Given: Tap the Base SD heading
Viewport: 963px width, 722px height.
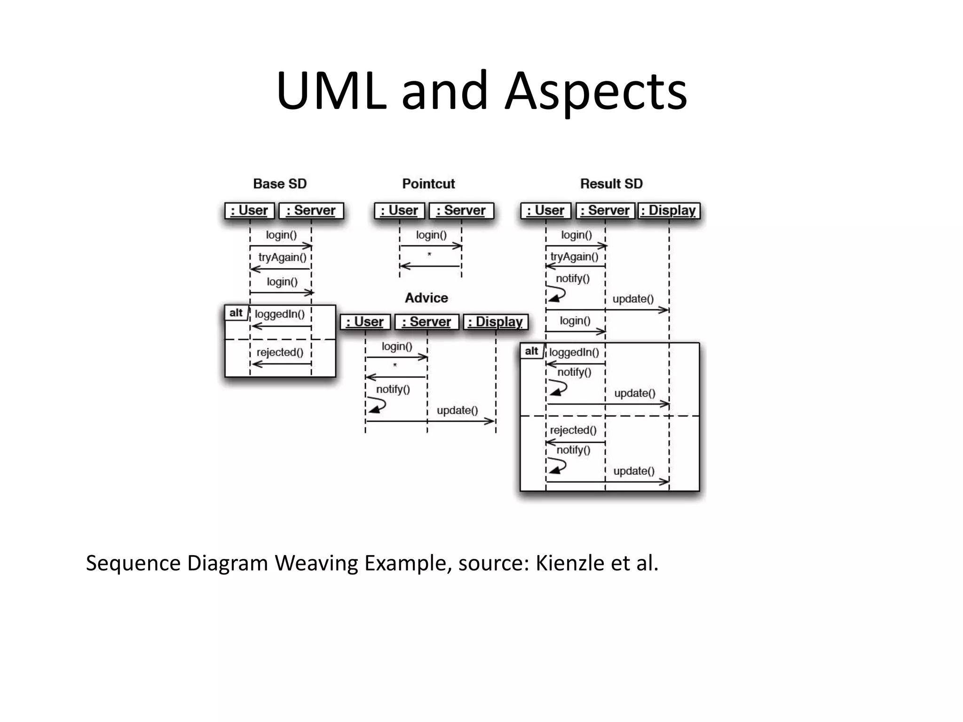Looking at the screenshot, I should click(x=280, y=184).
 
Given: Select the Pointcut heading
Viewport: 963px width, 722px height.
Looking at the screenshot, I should click(x=428, y=184).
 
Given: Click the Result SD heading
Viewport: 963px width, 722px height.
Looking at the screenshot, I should click(x=611, y=184).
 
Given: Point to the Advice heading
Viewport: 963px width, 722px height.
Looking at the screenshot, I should click(x=426, y=298).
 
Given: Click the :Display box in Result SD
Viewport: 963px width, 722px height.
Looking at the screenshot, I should click(x=668, y=211).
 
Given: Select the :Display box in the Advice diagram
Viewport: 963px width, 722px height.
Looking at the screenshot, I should click(x=496, y=322).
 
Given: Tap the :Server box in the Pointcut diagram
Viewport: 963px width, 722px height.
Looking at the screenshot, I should click(x=461, y=211).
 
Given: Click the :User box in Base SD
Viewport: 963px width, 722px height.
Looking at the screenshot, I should click(x=249, y=211).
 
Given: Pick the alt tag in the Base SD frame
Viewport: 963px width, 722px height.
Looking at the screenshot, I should click(x=236, y=313).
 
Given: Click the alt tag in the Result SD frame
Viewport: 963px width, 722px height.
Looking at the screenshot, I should click(x=531, y=351).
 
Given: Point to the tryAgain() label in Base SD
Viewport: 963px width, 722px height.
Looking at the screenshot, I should click(x=282, y=258).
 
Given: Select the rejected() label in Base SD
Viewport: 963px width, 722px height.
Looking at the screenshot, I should click(x=280, y=353).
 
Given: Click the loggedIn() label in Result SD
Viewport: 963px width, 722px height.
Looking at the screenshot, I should click(x=574, y=353).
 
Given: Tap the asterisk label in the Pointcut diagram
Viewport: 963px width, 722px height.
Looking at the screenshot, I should click(x=429, y=255).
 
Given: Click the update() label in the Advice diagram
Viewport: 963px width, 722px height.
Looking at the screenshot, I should click(x=457, y=410).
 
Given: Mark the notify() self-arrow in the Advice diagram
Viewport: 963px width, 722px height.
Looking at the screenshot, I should click(x=377, y=405).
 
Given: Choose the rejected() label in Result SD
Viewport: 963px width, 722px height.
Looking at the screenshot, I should click(x=573, y=430).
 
